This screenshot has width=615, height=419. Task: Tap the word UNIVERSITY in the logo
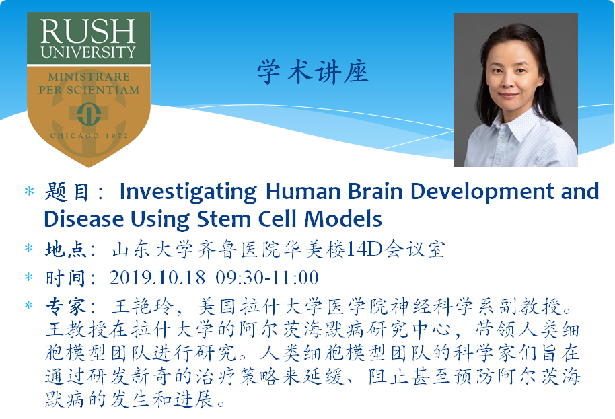(88, 52)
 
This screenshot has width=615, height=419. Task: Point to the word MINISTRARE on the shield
(89, 77)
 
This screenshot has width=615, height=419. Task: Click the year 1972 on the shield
(117, 136)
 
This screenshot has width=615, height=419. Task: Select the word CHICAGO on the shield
(75, 136)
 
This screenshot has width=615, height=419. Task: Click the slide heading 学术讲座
(313, 72)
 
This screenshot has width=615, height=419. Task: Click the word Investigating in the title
(188, 192)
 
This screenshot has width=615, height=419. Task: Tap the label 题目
(67, 192)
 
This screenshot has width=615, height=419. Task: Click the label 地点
(65, 250)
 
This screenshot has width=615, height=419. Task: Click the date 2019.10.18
(157, 278)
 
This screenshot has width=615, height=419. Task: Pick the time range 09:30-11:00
(267, 278)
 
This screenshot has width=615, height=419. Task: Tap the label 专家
(65, 306)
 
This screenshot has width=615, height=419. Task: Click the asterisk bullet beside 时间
(29, 278)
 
